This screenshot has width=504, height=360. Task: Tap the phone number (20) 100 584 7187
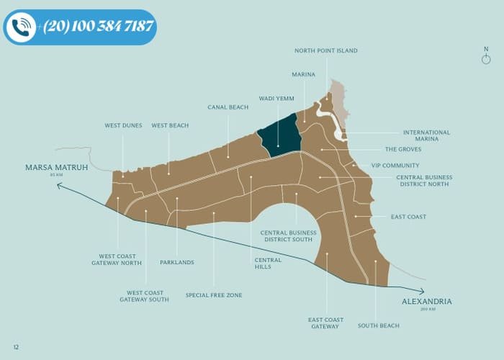tap(98, 27)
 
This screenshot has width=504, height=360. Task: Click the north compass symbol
tap(486, 57)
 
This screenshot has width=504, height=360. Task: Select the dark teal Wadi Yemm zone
tap(281, 135)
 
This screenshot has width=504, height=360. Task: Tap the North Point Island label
tap(325, 50)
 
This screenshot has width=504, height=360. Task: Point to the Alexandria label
tap(427, 301)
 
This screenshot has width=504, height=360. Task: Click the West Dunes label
tap(123, 125)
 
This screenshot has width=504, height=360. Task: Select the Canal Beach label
tap(228, 107)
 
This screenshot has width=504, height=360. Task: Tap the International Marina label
tap(426, 135)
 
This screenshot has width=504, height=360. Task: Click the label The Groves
tap(402, 150)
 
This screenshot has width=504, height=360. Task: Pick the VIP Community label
tap(395, 166)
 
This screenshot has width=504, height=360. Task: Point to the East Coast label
tap(408, 217)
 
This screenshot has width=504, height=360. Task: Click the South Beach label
tap(378, 326)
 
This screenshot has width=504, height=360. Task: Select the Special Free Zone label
tap(214, 295)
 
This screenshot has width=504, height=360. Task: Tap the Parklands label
tap(176, 262)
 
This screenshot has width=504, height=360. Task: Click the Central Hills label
tap(263, 263)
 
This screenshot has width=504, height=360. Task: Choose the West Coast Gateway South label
tap(144, 296)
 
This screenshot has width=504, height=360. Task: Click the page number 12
tap(16, 347)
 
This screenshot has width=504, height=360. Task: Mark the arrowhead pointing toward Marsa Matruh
tap(60, 185)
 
